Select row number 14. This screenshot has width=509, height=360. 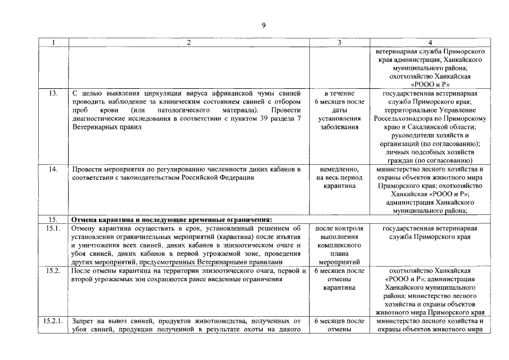54,169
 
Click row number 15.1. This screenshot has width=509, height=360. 54,228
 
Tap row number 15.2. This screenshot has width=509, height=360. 54,271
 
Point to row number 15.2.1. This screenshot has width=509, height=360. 55,321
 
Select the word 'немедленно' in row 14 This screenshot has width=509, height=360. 339,169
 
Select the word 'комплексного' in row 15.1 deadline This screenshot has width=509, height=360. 339,245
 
